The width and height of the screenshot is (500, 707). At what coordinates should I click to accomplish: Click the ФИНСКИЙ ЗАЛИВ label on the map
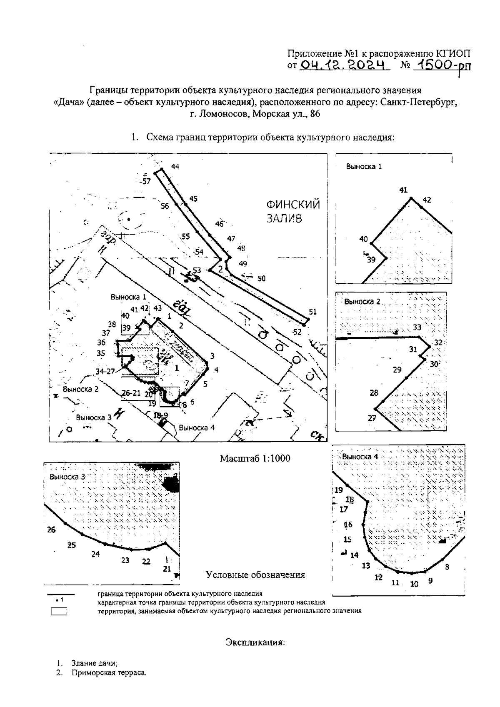click(x=293, y=211)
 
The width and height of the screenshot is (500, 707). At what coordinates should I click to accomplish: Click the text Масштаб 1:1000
click(x=255, y=458)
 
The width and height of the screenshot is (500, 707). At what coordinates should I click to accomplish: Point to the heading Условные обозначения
click(x=255, y=575)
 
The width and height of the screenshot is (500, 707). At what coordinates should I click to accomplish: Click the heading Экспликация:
click(x=255, y=642)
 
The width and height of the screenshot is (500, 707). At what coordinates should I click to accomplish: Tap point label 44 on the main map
click(x=175, y=167)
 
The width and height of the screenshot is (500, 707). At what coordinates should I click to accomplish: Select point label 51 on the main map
click(x=313, y=312)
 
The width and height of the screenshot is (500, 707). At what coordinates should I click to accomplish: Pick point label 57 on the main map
click(x=146, y=181)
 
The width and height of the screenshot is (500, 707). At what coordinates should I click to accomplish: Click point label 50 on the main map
click(x=261, y=278)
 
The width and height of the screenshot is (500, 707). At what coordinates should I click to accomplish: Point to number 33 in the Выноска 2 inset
click(x=417, y=327)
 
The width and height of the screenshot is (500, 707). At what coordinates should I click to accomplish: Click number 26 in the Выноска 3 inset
click(x=51, y=530)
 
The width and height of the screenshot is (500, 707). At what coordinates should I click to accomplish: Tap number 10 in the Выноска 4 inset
click(x=414, y=584)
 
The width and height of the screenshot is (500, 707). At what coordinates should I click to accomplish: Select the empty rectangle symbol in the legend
click(x=59, y=612)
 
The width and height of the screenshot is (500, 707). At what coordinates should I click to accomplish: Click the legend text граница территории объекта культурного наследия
click(x=180, y=594)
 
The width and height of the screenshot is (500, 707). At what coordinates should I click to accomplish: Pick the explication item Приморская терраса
click(x=109, y=673)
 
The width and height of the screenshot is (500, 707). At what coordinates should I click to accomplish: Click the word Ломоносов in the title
click(x=217, y=114)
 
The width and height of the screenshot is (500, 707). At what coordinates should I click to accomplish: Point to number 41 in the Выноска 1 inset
click(x=403, y=190)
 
